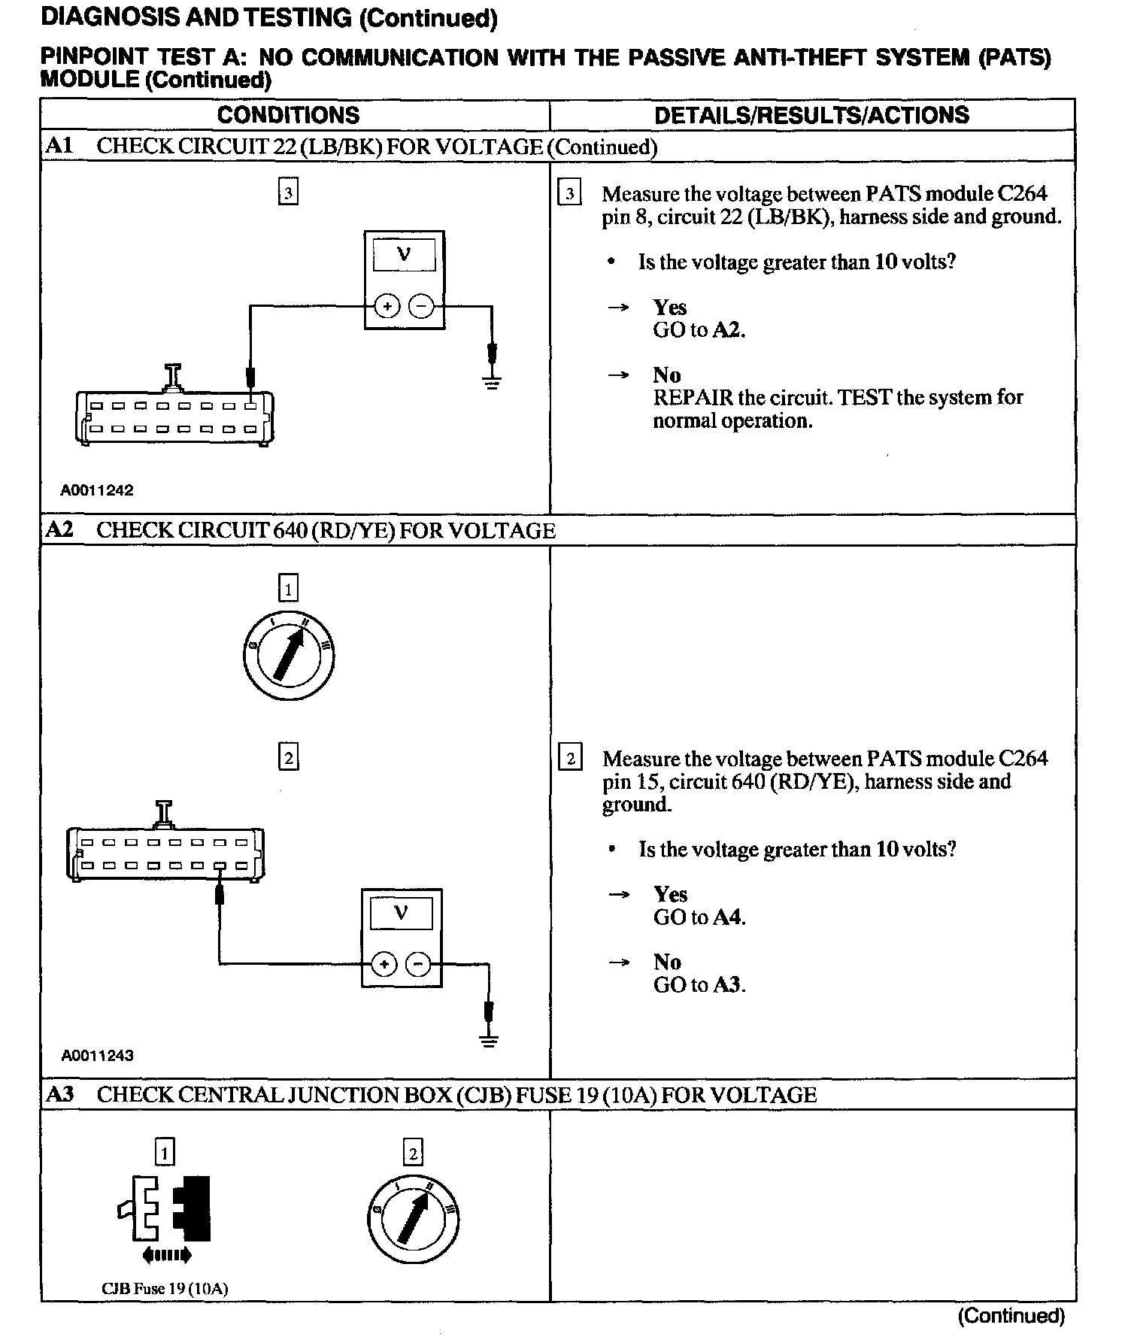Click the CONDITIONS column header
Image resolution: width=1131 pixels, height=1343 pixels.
click(x=288, y=115)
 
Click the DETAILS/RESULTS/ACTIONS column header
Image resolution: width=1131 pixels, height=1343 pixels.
click(x=811, y=115)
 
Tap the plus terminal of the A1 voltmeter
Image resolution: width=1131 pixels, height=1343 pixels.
click(x=387, y=307)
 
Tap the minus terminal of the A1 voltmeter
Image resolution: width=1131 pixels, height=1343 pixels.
click(x=421, y=307)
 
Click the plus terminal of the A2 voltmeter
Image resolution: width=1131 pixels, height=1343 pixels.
click(x=384, y=964)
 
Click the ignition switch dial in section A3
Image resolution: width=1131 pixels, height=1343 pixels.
click(x=414, y=1219)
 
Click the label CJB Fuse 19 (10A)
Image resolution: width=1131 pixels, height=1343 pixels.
click(x=165, y=1288)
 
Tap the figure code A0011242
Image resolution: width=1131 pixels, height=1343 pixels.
click(x=97, y=490)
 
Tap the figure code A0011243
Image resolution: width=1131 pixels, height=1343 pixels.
click(x=97, y=1055)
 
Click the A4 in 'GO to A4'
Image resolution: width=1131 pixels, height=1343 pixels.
click(x=728, y=917)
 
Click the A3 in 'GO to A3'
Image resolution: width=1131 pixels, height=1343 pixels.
click(x=728, y=985)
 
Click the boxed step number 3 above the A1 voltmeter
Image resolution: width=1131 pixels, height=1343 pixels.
click(x=288, y=193)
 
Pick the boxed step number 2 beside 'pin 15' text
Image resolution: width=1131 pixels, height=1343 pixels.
click(x=570, y=758)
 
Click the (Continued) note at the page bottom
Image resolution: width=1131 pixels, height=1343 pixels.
click(x=1011, y=1315)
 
